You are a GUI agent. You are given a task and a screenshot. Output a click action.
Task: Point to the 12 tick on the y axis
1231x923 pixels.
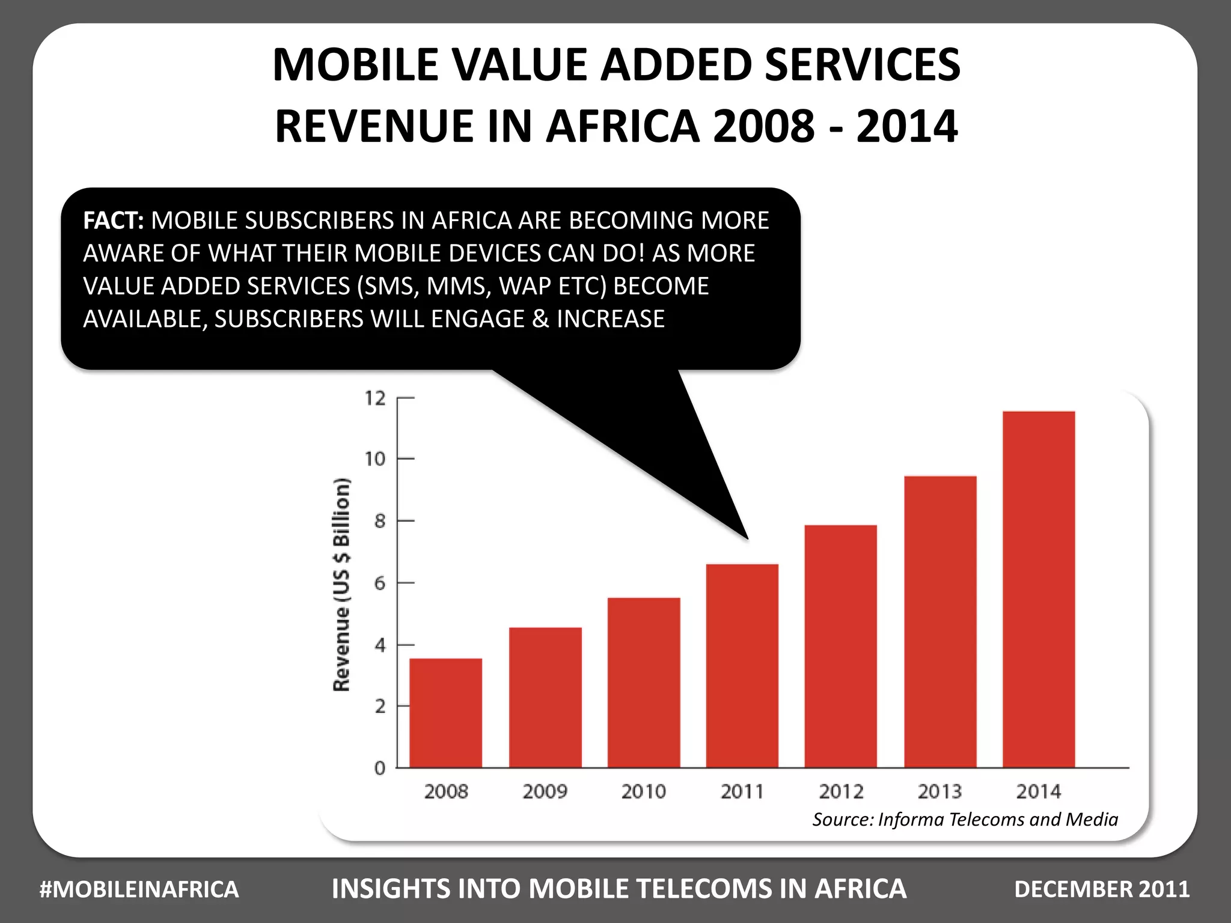tap(376, 398)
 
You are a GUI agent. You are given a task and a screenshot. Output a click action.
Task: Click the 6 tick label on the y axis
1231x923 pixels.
tap(379, 583)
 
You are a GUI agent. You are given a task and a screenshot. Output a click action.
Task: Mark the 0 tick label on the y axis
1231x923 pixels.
tap(379, 768)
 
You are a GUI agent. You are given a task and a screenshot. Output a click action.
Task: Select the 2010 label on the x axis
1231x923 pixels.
tap(643, 791)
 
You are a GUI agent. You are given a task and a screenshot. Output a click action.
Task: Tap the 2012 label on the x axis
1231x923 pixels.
tap(841, 791)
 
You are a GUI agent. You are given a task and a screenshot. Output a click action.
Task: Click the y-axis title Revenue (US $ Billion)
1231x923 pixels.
tap(341, 584)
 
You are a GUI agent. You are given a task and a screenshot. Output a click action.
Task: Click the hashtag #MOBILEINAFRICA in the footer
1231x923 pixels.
tap(139, 889)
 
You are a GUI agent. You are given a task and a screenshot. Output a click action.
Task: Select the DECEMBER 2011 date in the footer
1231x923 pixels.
tap(1102, 889)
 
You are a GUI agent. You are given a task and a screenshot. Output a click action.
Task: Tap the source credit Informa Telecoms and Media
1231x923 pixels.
tap(998, 820)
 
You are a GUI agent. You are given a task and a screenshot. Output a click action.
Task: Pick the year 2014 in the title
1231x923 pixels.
tap(906, 126)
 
